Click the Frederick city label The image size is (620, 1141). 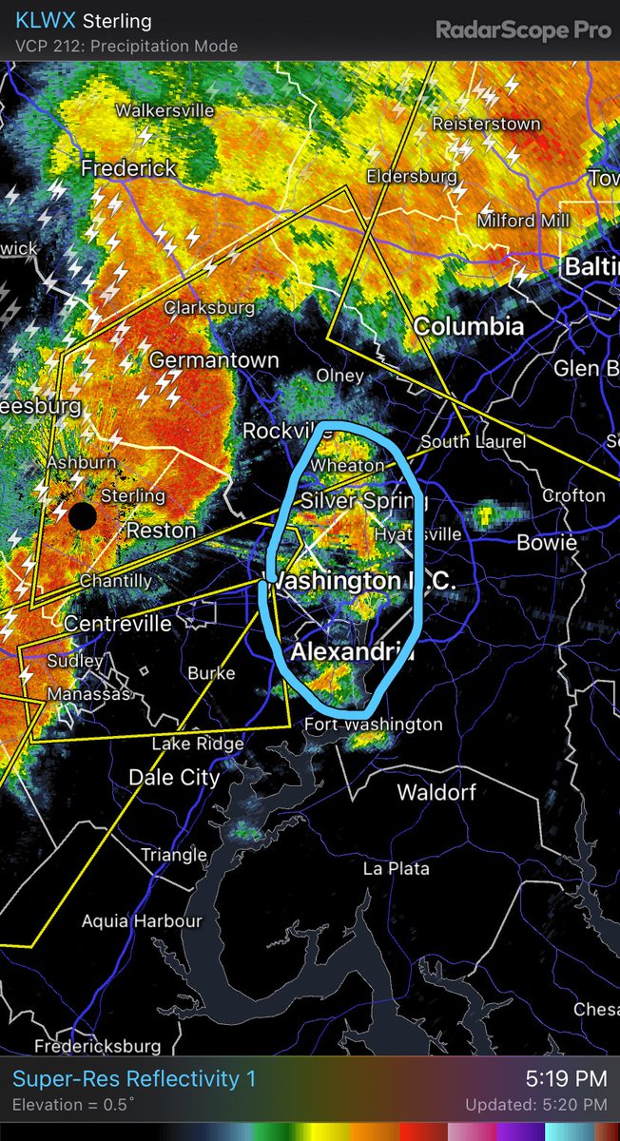(128, 168)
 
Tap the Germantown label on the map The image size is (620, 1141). (214, 360)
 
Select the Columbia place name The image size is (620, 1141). (468, 326)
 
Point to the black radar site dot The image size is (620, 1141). (83, 516)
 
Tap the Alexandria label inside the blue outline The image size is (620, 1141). (351, 652)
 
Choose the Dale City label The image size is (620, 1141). (174, 777)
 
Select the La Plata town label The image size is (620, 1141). (396, 868)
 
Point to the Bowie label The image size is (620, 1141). (547, 542)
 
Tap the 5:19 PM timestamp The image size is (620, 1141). (566, 1078)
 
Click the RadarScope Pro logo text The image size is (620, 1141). (523, 29)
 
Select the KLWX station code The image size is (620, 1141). (46, 21)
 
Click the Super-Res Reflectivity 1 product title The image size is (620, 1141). (134, 1078)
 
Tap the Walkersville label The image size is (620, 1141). (165, 110)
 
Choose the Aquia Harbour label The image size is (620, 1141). (141, 920)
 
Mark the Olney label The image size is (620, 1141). (340, 376)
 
